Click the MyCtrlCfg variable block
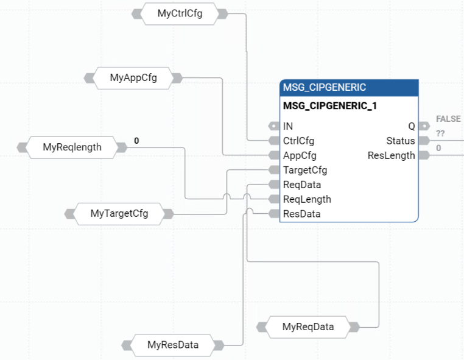click(180, 14)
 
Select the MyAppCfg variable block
click(133, 77)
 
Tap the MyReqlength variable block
click(72, 147)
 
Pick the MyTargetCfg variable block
click(119, 214)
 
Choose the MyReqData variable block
click(308, 326)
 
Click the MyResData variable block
click(173, 345)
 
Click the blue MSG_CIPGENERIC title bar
click(349, 88)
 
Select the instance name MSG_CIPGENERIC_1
click(330, 105)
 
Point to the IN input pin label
click(288, 126)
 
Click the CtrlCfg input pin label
click(298, 141)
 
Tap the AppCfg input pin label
click(300, 155)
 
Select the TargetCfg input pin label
click(305, 170)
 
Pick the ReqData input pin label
click(302, 185)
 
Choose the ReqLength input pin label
click(307, 199)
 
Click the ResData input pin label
click(301, 214)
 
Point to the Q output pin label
click(411, 126)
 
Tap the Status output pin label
click(400, 141)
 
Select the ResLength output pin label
click(391, 155)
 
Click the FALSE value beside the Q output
click(448, 119)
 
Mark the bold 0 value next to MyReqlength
click(136, 141)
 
